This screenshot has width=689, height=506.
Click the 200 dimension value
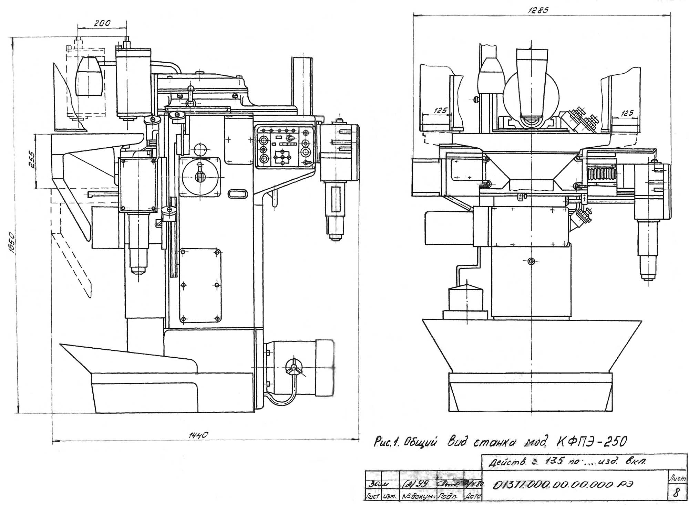coord(102,23)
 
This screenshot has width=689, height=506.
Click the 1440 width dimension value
coord(199,435)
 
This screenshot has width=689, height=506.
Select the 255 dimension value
coord(31,159)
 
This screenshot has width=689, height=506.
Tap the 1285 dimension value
coord(538,10)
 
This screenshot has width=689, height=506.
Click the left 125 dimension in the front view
coord(440,110)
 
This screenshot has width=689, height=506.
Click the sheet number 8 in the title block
coord(676,493)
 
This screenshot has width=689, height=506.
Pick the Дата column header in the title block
coord(473,497)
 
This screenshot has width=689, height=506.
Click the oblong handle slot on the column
coord(237,194)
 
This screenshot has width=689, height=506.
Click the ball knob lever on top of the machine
coord(190,89)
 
